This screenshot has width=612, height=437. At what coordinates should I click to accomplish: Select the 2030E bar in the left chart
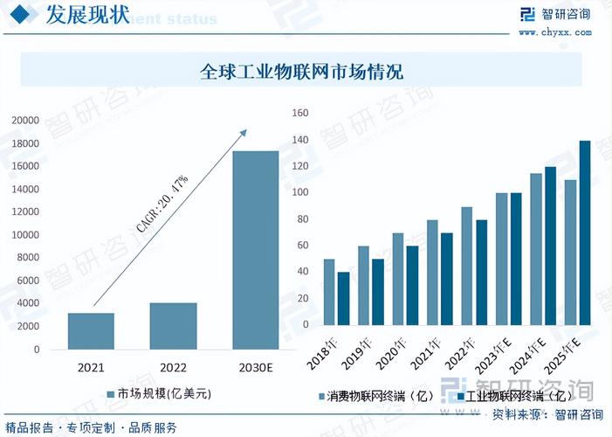(255, 250)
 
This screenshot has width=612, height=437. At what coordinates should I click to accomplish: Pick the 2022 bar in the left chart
(173, 326)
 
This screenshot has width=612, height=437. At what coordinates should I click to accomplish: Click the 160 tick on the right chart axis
(300, 113)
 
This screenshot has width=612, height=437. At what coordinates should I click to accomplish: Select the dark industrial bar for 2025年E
(585, 232)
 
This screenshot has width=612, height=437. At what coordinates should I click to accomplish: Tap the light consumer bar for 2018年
(329, 292)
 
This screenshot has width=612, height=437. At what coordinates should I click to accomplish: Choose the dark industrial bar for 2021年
(447, 279)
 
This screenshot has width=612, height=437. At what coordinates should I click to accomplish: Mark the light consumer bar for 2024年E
(536, 249)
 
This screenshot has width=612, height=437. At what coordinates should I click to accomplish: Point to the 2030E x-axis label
(255, 367)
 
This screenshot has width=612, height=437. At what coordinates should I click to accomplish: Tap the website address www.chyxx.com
(555, 33)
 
